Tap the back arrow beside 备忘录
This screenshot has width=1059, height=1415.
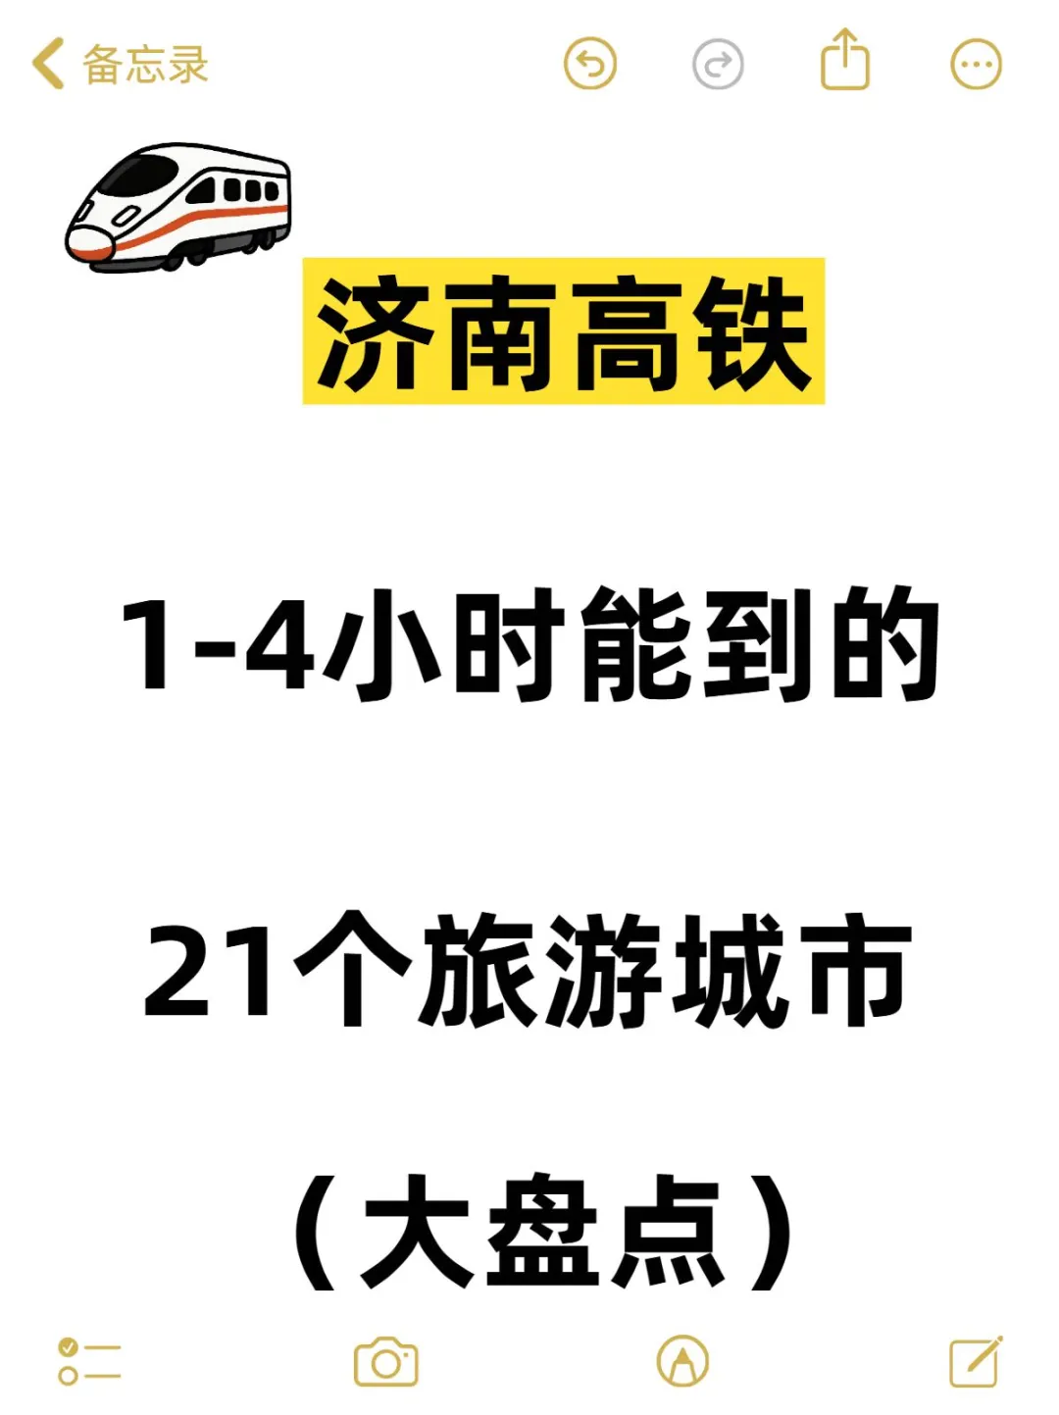coord(47,64)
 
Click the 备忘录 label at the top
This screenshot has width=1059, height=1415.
coord(145,65)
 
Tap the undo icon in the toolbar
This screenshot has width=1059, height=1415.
coord(590,65)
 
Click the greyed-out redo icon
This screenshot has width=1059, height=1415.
coord(718,65)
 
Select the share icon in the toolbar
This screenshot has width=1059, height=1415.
coord(844,61)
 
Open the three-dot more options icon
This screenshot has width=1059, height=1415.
coord(976,65)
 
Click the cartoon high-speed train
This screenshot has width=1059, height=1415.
coord(178,206)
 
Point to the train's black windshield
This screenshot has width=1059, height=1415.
coord(137,177)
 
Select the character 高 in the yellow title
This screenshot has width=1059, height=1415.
coord(629,332)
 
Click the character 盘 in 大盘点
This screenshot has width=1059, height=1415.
coord(542,1232)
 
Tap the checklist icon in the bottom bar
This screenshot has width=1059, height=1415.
coord(89,1362)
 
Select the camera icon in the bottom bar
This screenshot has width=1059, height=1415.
coord(385,1362)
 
